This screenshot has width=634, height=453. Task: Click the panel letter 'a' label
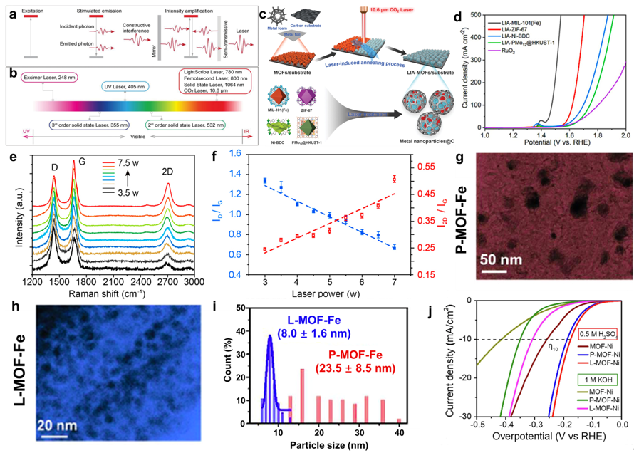9,8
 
